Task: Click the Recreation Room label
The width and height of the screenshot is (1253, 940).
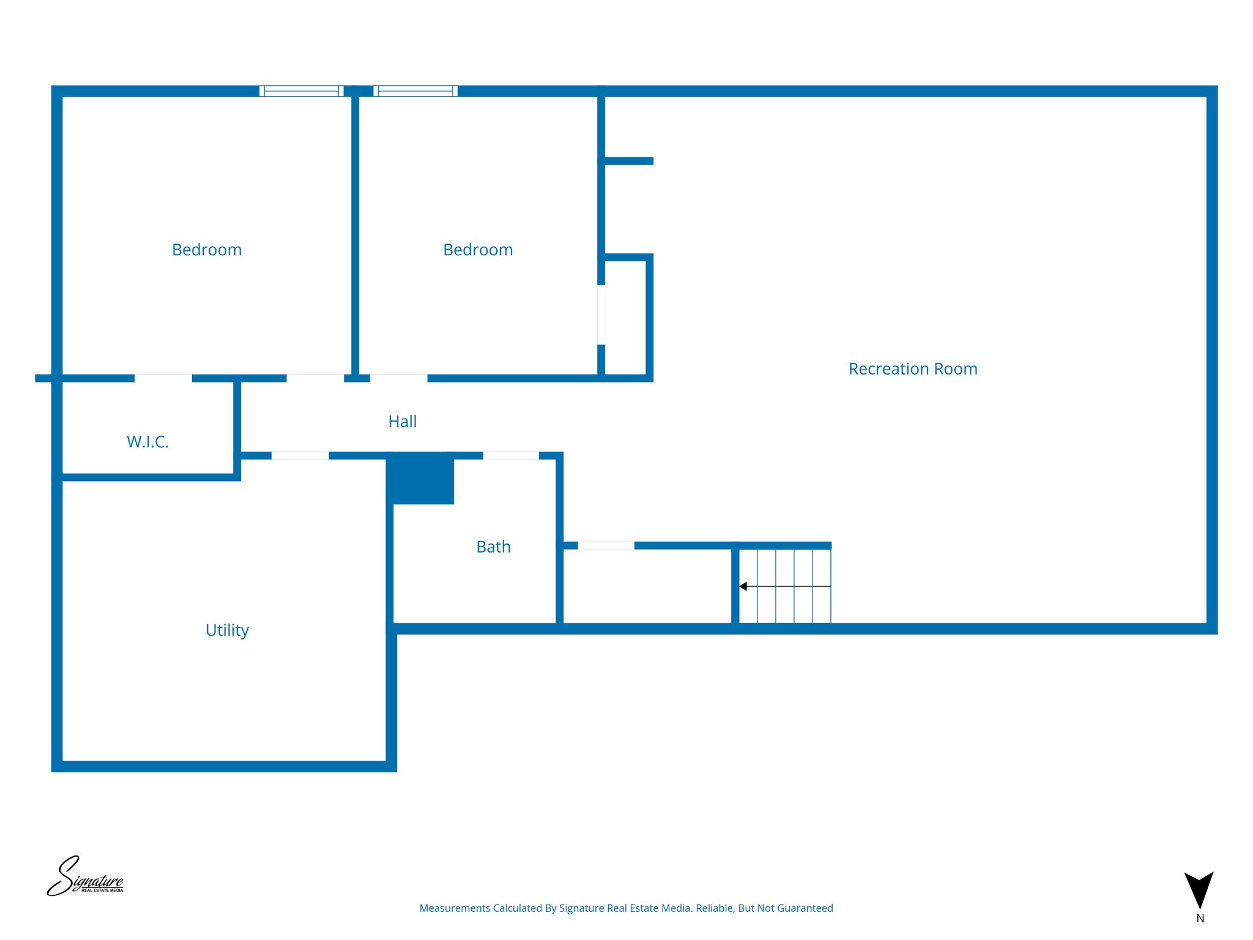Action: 913,369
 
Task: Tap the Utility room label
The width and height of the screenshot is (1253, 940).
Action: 227,630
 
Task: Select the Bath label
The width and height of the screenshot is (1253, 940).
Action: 493,546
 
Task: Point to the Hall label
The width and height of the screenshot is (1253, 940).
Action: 403,422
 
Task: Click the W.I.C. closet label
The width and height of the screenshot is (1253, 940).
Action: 147,442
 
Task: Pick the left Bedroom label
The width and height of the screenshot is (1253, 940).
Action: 207,250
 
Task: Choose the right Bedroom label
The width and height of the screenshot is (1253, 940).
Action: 478,250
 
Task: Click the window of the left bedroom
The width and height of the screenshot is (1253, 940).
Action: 302,91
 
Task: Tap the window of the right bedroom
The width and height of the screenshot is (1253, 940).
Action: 415,91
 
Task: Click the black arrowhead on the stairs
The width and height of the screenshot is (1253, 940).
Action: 743,586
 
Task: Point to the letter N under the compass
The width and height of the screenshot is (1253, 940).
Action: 1200,919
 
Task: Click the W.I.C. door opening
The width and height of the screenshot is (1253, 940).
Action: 163,378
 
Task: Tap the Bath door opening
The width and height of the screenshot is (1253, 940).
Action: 511,455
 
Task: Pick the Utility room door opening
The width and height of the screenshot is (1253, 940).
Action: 300,455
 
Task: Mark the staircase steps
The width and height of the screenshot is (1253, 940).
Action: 785,586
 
